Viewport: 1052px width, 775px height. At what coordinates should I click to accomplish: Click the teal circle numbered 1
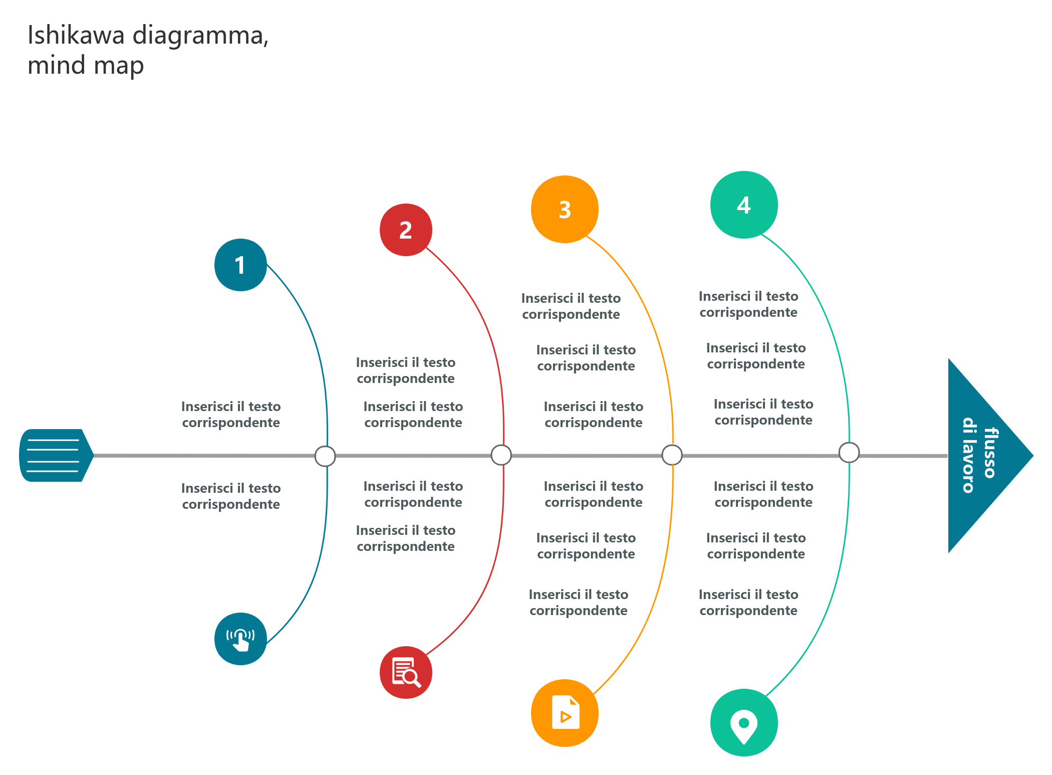click(x=240, y=265)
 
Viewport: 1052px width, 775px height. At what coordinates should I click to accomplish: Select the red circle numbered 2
click(x=406, y=230)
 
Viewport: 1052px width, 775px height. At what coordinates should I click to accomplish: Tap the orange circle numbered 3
click(x=565, y=209)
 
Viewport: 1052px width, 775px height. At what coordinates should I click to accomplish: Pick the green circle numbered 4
click(x=744, y=205)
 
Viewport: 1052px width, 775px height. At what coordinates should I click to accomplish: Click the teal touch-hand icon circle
click(x=240, y=639)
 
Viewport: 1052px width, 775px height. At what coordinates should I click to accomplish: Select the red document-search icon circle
click(x=406, y=672)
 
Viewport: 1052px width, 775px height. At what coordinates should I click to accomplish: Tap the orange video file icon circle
click(x=565, y=713)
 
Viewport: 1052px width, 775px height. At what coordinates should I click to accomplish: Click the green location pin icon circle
click(x=744, y=722)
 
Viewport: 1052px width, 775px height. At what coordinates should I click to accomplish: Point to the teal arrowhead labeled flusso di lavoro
click(x=982, y=456)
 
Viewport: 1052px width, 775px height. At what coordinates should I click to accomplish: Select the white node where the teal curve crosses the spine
click(x=325, y=456)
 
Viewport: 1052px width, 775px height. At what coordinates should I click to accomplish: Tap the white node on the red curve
click(x=501, y=455)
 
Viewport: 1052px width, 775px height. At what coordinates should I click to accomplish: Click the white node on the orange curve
click(x=672, y=455)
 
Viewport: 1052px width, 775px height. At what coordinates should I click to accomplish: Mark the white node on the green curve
click(x=849, y=453)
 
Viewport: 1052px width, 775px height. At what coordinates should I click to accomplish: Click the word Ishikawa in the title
click(x=76, y=35)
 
